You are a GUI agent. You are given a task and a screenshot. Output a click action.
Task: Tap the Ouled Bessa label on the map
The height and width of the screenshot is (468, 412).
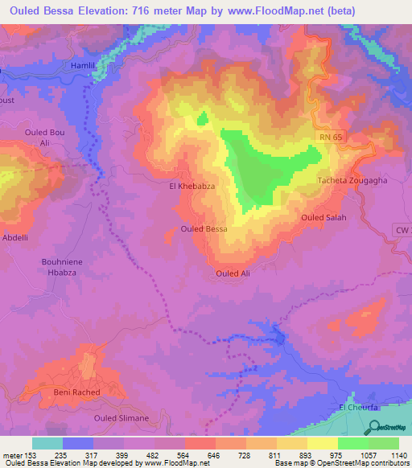[x=204, y=229]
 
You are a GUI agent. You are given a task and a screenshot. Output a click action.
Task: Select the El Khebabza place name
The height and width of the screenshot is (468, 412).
[x=190, y=186]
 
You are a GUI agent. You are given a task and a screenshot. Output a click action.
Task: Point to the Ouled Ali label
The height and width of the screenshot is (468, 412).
[x=233, y=274]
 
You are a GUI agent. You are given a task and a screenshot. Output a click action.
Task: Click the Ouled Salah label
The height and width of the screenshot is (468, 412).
[x=323, y=218]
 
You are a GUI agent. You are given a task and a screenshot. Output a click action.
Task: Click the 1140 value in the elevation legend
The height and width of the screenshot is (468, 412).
[x=397, y=456]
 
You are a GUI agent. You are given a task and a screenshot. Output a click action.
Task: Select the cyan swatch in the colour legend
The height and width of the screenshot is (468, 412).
[x=47, y=443]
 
